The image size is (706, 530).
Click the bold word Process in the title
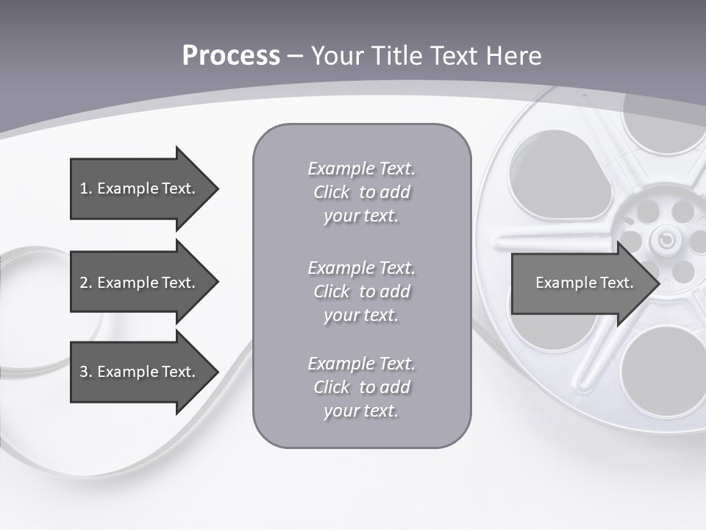tap(231, 56)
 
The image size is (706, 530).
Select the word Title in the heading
tap(398, 56)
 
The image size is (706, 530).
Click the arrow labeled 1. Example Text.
tap(140, 188)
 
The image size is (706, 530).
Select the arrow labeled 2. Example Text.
tap(140, 283)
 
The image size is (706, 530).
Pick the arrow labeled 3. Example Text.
tap(140, 372)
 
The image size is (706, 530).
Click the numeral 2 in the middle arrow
tap(84, 283)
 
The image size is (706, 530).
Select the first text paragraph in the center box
tap(361, 192)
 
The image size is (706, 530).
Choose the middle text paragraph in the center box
tap(361, 291)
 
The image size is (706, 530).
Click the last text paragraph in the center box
tap(361, 387)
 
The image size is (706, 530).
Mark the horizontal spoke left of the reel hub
tap(552, 241)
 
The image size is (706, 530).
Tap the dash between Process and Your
tap(295, 56)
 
